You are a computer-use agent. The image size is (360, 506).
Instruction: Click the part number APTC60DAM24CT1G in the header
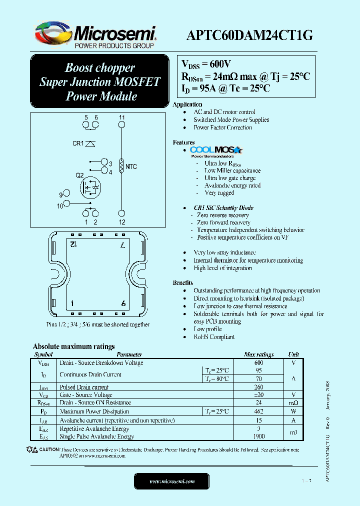pos(249,35)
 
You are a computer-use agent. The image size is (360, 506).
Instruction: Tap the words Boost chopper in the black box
pos(100,68)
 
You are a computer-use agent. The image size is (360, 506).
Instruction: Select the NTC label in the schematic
pos(131,166)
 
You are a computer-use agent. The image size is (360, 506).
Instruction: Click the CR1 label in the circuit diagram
pos(78,143)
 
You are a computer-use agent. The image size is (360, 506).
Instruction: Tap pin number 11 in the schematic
pos(122,117)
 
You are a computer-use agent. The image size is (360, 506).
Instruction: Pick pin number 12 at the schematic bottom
pos(122,222)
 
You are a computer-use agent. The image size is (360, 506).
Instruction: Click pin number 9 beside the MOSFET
pos(60,195)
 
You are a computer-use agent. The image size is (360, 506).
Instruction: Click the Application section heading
pos(187,104)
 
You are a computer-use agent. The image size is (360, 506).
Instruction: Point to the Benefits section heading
pos(183,283)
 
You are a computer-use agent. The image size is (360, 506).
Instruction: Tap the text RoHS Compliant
pos(214,337)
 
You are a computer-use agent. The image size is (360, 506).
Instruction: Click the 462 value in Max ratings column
pos(258,411)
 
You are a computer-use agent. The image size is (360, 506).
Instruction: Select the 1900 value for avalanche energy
pos(258,436)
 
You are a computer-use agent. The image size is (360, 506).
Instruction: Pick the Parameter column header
pos(129,354)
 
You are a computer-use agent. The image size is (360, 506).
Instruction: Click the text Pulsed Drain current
pos(84,387)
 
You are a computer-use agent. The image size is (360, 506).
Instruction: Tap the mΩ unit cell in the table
pos(293,403)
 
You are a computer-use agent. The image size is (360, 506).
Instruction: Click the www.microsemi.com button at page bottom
pos(172,481)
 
